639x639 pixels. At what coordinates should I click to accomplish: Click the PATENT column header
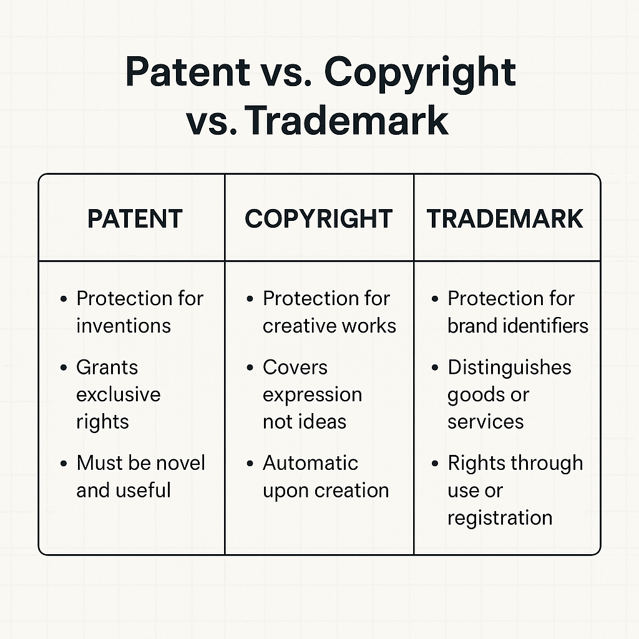coord(135,219)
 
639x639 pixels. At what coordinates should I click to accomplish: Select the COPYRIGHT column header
coord(318,219)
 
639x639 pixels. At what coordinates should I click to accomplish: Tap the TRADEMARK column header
coord(505,219)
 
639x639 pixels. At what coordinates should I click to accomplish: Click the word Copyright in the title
coord(420,72)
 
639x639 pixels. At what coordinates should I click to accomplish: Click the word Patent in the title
coord(187,72)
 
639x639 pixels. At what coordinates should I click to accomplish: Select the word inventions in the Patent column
coord(124,326)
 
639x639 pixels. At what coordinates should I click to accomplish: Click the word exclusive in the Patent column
coord(119,395)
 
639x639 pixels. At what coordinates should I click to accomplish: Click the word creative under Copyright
coord(295,326)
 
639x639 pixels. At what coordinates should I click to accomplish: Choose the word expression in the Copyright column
coord(312,396)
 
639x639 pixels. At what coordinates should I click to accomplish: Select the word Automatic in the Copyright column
coord(311,463)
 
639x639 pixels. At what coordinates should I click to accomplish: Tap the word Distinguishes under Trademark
coord(509,368)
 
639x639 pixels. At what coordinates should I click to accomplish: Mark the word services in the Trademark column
coord(485,422)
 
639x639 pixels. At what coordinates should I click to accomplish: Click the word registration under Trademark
coord(500,518)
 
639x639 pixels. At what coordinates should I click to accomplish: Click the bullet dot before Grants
coord(64,368)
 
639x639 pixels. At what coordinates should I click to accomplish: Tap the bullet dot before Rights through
coord(435,464)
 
